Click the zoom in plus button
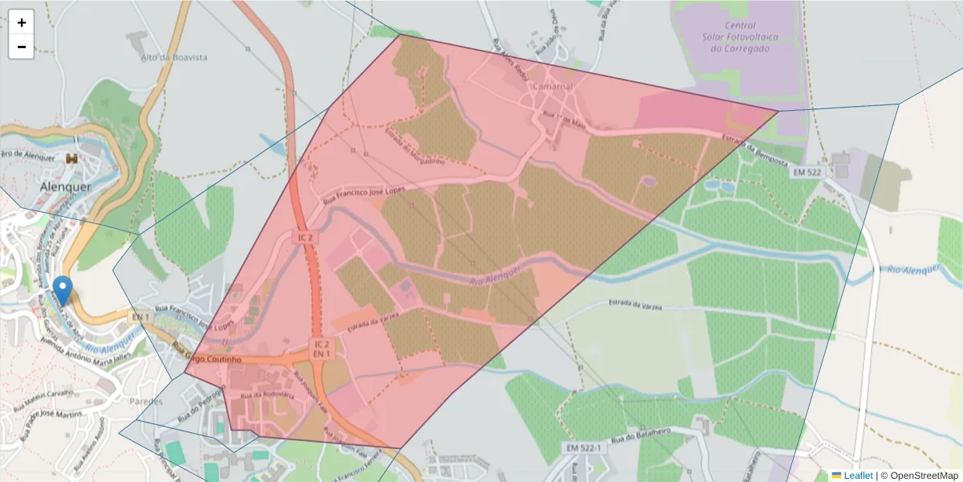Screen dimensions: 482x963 click(22, 22)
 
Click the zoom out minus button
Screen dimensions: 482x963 click(22, 47)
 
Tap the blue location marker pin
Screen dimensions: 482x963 click(62, 289)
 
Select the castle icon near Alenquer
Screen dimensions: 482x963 click(72, 159)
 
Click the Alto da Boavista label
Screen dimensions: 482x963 click(174, 58)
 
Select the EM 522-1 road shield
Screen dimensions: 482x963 click(583, 447)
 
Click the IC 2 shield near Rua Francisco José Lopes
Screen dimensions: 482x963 click(305, 238)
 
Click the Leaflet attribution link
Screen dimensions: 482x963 click(858, 476)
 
